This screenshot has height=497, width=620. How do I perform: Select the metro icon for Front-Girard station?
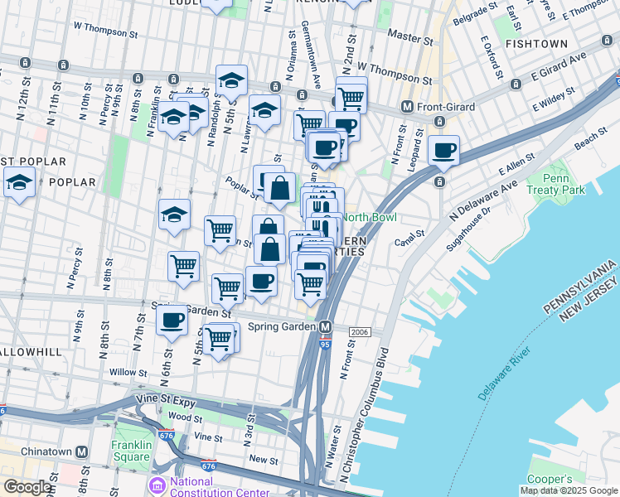coord(407,106)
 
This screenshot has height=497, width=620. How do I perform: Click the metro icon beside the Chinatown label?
coord(81,452)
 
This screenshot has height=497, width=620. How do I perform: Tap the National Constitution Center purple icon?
coord(157,484)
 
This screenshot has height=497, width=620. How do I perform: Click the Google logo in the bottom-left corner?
coord(27,487)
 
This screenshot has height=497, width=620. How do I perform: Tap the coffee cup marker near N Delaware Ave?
coord(444,151)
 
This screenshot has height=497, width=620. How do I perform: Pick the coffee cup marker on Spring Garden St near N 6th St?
coord(172,320)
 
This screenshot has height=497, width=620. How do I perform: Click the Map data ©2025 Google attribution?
coord(569,490)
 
